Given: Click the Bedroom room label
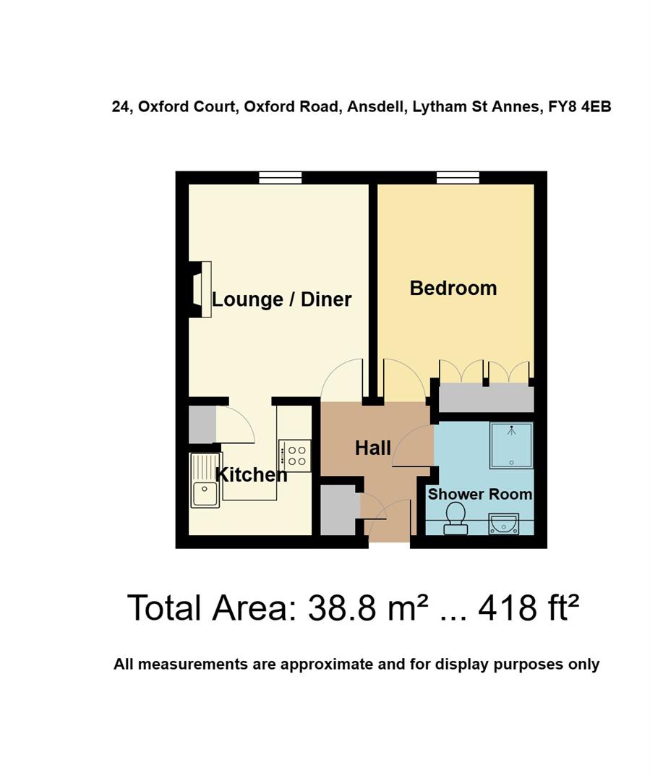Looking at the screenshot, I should pos(453,288).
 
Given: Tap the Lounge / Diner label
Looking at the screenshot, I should pos(281,299).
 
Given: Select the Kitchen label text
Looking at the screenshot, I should pos(252,475).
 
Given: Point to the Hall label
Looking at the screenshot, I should pos(373,448).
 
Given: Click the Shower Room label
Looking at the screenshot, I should pos(479,495).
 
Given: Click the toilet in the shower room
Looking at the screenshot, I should pos(456,518).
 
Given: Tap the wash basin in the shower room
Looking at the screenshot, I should pos(503,523).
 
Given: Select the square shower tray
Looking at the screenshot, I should pos(511,444).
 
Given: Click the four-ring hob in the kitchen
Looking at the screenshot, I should pos(296,456).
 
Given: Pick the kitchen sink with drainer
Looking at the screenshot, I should pos(205,481).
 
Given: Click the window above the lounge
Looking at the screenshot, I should pos(281,177).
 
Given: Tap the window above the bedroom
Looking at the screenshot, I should pos(458,177).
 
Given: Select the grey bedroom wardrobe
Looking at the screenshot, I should pos(486,398).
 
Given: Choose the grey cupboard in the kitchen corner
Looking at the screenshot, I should pos(202,424).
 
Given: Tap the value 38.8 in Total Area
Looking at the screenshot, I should pos(343,608).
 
